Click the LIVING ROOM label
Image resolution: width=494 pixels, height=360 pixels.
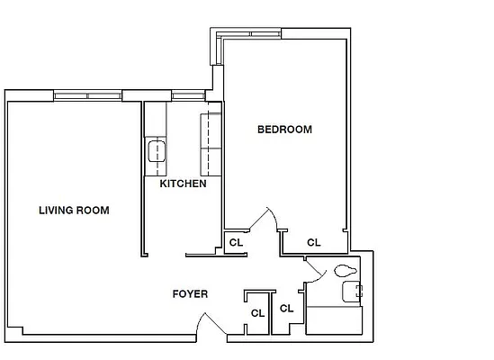(x=74, y=211)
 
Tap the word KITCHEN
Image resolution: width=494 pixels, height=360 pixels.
(x=183, y=184)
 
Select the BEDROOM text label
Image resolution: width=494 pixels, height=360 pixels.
(x=284, y=130)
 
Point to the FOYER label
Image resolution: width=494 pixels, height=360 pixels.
(x=191, y=294)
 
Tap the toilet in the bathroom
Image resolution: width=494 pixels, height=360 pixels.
(x=343, y=270)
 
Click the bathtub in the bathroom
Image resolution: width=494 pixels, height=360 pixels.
(x=335, y=320)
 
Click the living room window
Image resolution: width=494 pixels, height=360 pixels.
(x=88, y=95)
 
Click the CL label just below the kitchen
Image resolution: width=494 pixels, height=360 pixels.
(x=236, y=242)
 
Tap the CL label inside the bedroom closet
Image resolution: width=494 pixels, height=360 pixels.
(x=314, y=242)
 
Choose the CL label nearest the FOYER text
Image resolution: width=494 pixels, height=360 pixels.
(x=257, y=313)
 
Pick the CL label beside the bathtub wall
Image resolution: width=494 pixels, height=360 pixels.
(x=287, y=308)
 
